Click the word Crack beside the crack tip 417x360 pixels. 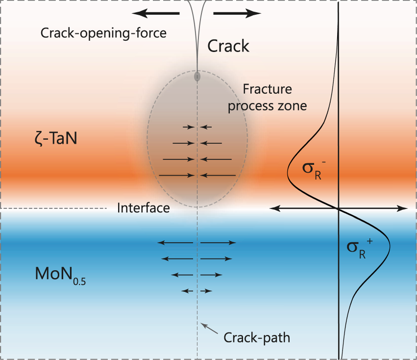click(x=228, y=46)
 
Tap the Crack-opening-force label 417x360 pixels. click(x=103, y=33)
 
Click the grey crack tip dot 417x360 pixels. click(x=197, y=77)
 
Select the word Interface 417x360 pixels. click(x=144, y=208)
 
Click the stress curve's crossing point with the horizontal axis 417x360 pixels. click(x=340, y=208)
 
